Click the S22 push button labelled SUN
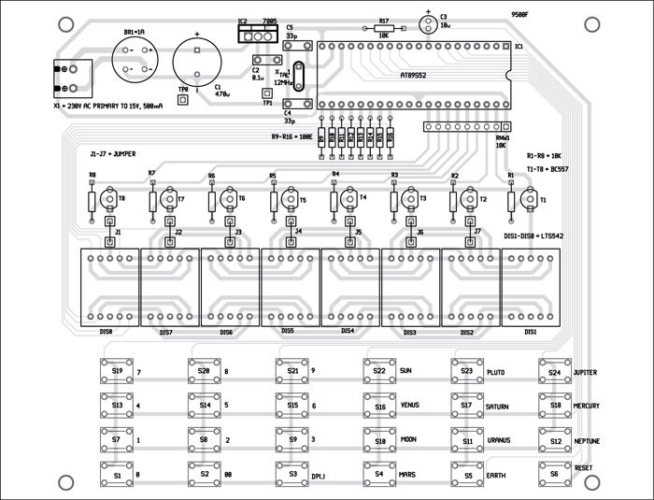point(378,372)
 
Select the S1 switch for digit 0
point(117,475)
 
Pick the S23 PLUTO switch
point(466,372)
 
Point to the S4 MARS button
point(378,475)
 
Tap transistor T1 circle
point(528,198)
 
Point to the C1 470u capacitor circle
point(198,65)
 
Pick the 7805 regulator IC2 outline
point(258,34)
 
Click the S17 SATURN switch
point(466,407)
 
